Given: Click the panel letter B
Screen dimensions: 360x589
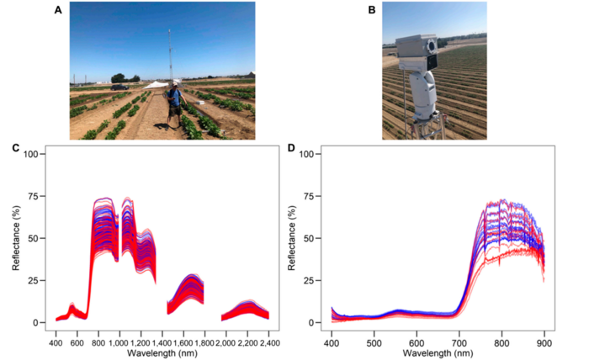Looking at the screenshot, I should pyautogui.click(x=371, y=9).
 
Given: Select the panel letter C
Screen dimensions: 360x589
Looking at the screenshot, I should pyautogui.click(x=16, y=148).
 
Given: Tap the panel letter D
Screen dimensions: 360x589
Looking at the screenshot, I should pyautogui.click(x=291, y=148).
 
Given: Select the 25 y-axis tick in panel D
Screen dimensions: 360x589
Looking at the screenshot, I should pyautogui.click(x=312, y=280).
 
